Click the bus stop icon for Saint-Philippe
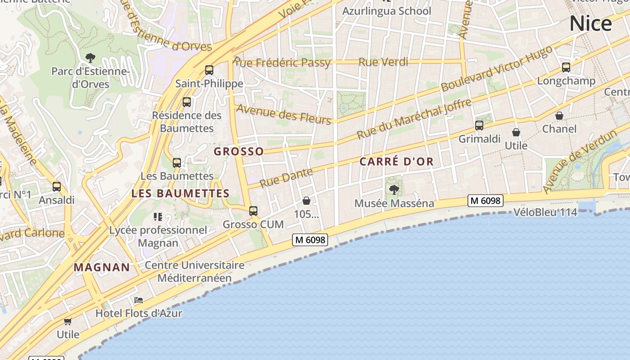209,70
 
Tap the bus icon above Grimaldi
479,126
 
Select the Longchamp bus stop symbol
566,67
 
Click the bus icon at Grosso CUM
253,211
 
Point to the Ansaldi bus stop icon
57,186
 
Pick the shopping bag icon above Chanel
559,116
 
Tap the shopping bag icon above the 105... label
306,200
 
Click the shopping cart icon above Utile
67,321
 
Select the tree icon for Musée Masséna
394,190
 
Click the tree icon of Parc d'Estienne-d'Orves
90,58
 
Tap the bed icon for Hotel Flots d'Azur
139,300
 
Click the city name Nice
590,23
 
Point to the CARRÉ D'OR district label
396,162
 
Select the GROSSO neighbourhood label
238,151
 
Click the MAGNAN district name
102,267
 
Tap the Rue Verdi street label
383,62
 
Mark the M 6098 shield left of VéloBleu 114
485,201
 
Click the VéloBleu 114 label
545,212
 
